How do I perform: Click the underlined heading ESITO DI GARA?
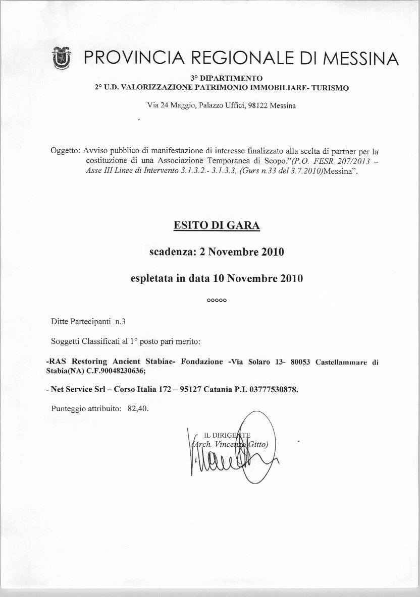pyautogui.click(x=217, y=225)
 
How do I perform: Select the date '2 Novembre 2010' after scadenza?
pyautogui.click(x=242, y=252)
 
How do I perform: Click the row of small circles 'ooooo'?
pyautogui.click(x=217, y=301)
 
